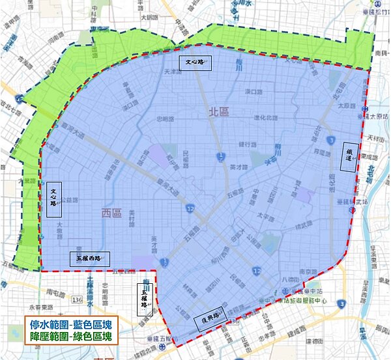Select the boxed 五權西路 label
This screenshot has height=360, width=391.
coord(89,258)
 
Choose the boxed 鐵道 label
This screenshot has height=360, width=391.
coord(349,157)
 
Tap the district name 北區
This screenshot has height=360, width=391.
coord(220,112)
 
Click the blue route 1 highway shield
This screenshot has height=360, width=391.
coord(222,155)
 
